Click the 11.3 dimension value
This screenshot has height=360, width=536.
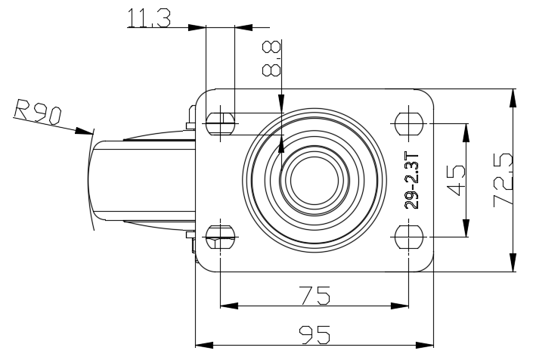pyautogui.click(x=149, y=18)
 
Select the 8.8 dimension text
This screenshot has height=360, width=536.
pyautogui.click(x=271, y=57)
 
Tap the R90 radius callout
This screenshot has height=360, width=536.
pyautogui.click(x=38, y=112)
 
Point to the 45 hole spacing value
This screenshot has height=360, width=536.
pyautogui.click(x=456, y=181)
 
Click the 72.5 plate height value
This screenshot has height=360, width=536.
pyautogui.click(x=503, y=180)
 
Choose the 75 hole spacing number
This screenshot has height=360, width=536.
pyautogui.click(x=314, y=296)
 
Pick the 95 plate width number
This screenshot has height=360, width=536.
pyautogui.click(x=314, y=335)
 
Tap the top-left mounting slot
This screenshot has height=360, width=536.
pyautogui.click(x=221, y=123)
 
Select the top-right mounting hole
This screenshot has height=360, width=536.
pyautogui.click(x=409, y=123)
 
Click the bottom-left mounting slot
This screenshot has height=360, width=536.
pyautogui.click(x=221, y=237)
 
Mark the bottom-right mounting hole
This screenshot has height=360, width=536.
pyautogui.click(x=409, y=237)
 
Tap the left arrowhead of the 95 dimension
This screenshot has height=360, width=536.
pyautogui.click(x=204, y=345)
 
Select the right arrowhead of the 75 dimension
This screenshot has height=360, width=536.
pyautogui.click(x=400, y=306)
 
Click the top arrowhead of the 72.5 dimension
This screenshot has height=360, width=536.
pyautogui.click(x=513, y=98)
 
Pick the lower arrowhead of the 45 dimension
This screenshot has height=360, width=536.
pyautogui.click(x=466, y=228)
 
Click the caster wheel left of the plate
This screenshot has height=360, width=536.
pyautogui.click(x=141, y=181)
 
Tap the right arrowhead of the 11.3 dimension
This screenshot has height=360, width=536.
pyautogui.click(x=243, y=27)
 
